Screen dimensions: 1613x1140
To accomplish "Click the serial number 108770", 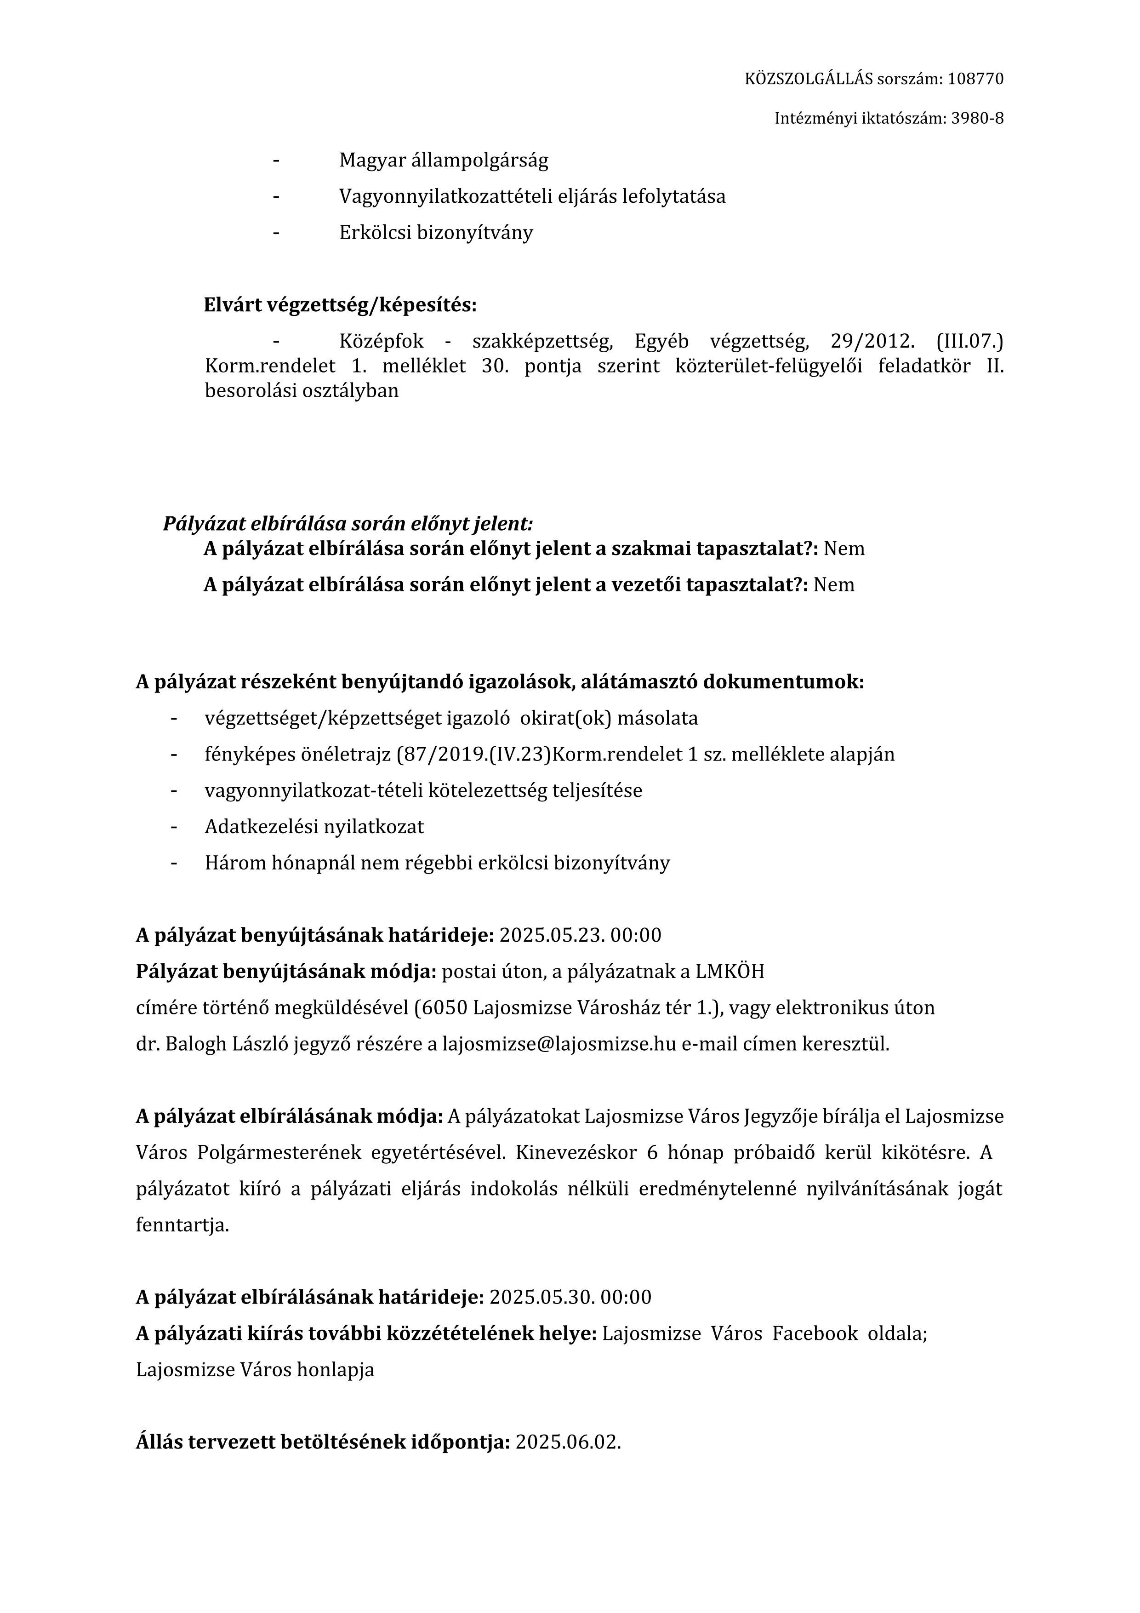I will pyautogui.click(x=975, y=79).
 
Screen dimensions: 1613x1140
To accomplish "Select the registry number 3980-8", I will pyautogui.click(x=977, y=119).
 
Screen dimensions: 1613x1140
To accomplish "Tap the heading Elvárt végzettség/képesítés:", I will pyautogui.click(x=340, y=305).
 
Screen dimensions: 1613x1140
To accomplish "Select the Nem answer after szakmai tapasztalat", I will pyautogui.click(x=844, y=549).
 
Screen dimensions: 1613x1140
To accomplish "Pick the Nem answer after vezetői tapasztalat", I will pyautogui.click(x=834, y=585).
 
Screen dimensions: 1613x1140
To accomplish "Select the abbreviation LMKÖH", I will pyautogui.click(x=730, y=972).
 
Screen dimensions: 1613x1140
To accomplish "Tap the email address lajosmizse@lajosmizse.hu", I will pyautogui.click(x=559, y=1044).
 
